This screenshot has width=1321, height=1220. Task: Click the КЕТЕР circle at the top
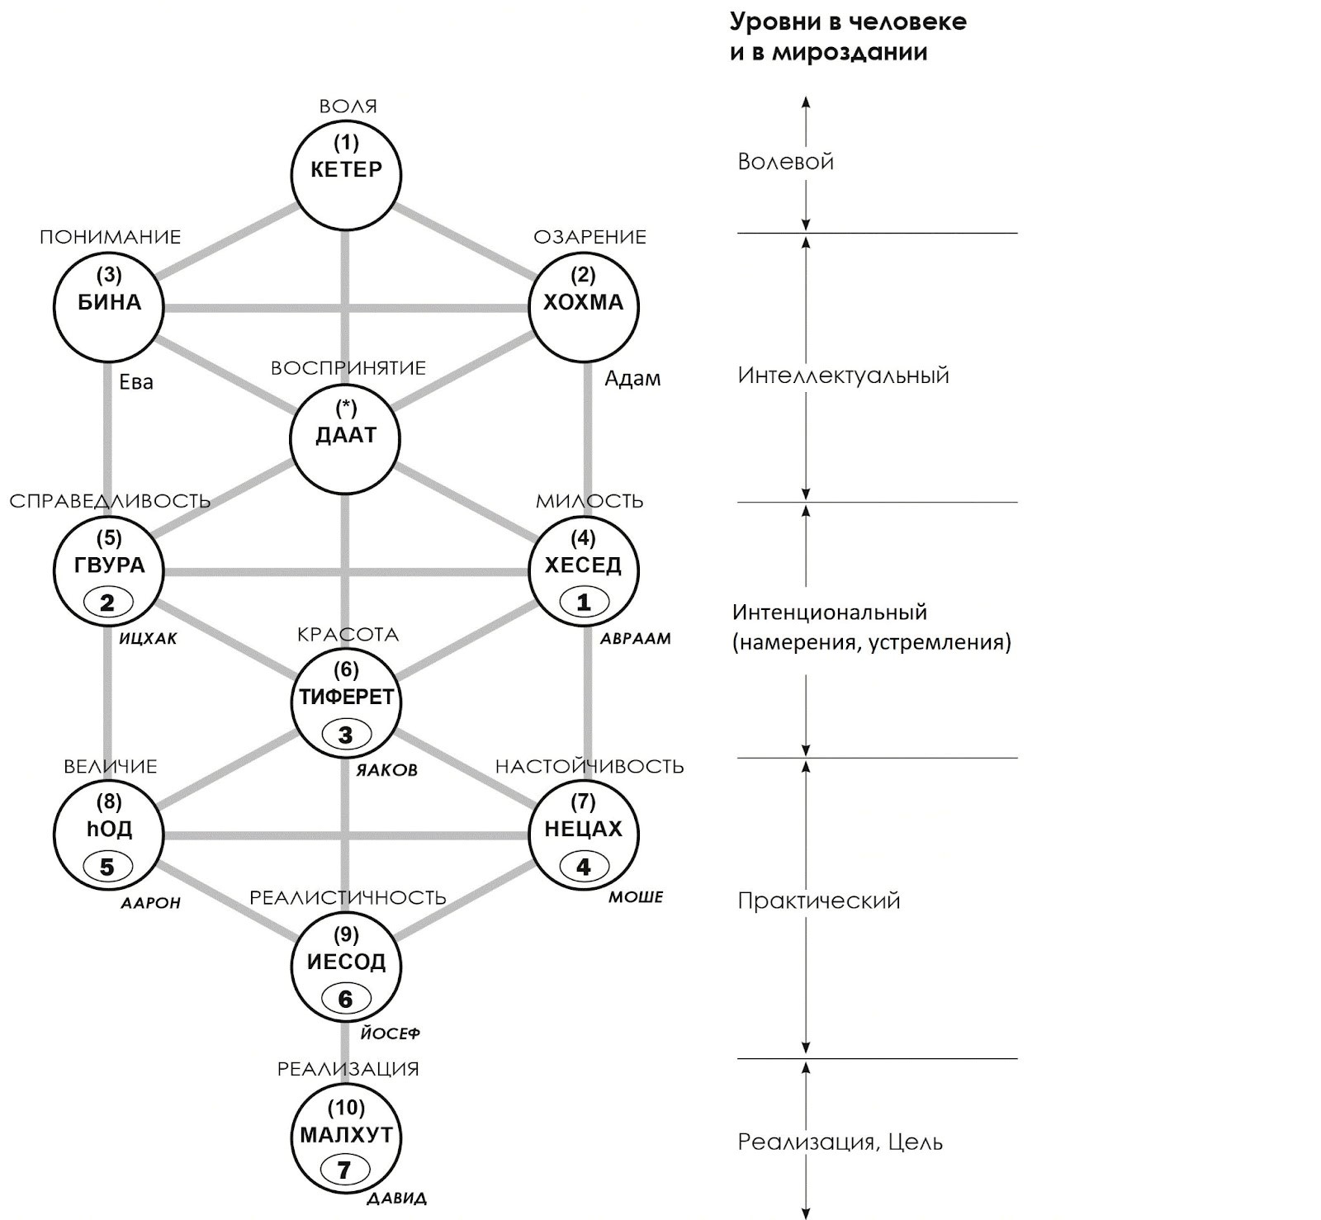pyautogui.click(x=346, y=174)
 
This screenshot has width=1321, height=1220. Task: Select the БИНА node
pyautogui.click(x=109, y=306)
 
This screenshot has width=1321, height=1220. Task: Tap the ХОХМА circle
pyautogui.click(x=583, y=306)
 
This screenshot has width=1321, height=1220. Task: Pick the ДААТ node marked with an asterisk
pyautogui.click(x=346, y=438)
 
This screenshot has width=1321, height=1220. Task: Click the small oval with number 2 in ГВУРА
pyautogui.click(x=107, y=603)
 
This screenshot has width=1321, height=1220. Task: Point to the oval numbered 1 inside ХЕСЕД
pyautogui.click(x=583, y=603)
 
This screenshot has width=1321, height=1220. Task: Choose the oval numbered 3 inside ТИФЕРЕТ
pyautogui.click(x=346, y=735)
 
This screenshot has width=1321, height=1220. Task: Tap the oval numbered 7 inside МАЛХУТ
pyautogui.click(x=344, y=1170)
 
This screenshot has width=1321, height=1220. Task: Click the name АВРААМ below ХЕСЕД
pyautogui.click(x=635, y=639)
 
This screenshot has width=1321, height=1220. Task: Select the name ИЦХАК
pyautogui.click(x=148, y=639)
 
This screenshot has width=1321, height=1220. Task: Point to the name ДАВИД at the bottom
pyautogui.click(x=396, y=1199)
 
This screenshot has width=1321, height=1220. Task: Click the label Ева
pyautogui.click(x=136, y=382)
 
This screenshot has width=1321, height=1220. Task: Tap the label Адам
pyautogui.click(x=632, y=379)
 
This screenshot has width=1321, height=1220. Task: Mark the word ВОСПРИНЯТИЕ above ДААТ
pyautogui.click(x=348, y=368)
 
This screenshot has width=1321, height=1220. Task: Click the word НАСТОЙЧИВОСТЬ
pyautogui.click(x=589, y=767)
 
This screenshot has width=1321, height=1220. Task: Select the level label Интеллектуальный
pyautogui.click(x=843, y=376)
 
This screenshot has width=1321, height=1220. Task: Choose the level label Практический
pyautogui.click(x=818, y=901)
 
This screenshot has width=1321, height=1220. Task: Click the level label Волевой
pyautogui.click(x=785, y=162)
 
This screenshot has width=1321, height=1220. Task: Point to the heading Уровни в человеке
pyautogui.click(x=848, y=22)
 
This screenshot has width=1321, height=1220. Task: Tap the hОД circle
pyautogui.click(x=109, y=835)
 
